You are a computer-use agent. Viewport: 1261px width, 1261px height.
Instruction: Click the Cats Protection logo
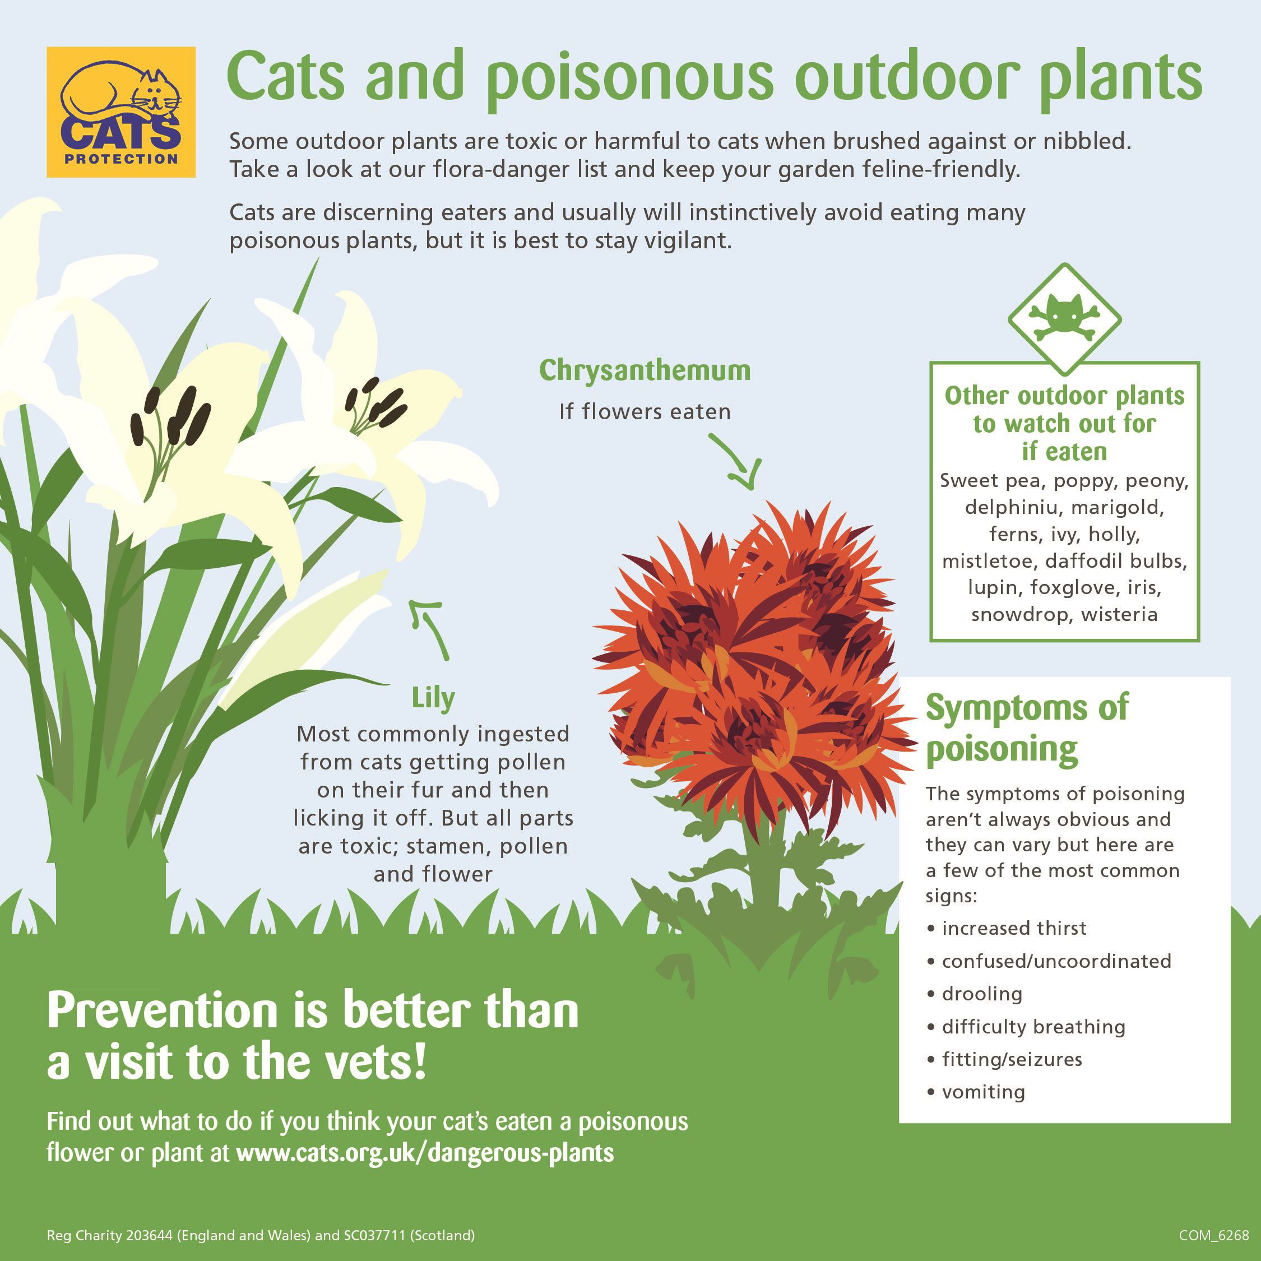pos(120,112)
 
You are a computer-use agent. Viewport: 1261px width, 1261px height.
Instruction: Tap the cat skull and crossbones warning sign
pos(1064,319)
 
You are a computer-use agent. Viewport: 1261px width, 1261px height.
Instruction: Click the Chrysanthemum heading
pos(645,370)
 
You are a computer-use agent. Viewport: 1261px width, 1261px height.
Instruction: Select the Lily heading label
pos(433,698)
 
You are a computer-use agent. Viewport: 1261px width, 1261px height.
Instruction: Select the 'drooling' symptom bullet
pos(975,994)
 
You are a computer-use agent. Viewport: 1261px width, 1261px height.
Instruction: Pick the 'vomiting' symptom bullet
pos(976,1092)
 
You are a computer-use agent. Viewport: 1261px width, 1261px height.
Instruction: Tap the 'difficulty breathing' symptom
pos(1026,1027)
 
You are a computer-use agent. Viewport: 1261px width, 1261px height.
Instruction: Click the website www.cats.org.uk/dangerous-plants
pos(425,1153)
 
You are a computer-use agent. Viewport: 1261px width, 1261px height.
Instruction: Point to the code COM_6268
pos(1214,1236)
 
